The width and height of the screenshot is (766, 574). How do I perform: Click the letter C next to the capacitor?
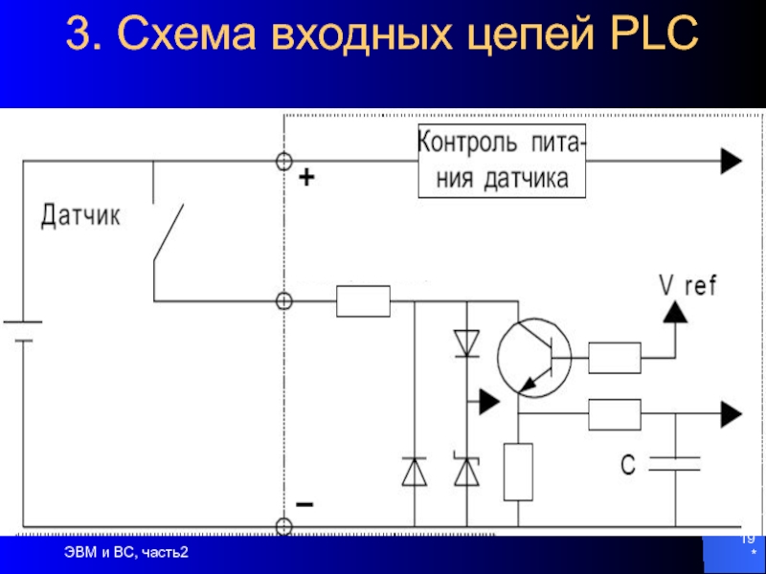628,465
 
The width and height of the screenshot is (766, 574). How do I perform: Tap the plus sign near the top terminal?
305,178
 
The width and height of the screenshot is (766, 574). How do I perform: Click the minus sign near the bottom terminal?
304,504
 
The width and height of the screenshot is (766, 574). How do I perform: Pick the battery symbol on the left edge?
21,330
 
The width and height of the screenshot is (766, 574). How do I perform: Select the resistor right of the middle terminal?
363,301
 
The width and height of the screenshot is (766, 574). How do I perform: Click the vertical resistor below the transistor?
518,472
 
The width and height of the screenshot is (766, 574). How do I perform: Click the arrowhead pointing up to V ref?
676,312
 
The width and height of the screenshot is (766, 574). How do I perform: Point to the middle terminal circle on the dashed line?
283,301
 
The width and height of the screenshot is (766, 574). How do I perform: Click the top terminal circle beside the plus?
283,162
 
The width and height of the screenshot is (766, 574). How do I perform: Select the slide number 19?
747,542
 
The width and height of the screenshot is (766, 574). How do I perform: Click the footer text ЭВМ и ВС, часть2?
126,552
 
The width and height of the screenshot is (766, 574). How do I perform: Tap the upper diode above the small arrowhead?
466,342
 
